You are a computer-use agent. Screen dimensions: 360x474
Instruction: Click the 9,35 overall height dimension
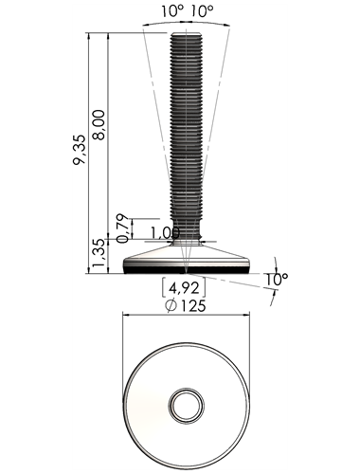[79, 150]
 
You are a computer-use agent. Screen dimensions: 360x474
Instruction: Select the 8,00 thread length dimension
[99, 125]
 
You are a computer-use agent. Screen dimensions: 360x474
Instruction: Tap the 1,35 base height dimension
[99, 253]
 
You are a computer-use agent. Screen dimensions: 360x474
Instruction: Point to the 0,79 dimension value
[122, 228]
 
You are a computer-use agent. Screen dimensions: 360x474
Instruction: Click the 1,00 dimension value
[165, 233]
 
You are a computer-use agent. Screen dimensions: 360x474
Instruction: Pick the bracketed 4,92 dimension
[184, 288]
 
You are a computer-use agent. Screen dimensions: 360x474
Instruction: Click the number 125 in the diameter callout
[193, 305]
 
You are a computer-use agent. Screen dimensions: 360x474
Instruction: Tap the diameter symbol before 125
[171, 305]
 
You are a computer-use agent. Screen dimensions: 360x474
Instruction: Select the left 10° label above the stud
[172, 11]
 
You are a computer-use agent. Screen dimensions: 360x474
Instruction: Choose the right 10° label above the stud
[202, 11]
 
